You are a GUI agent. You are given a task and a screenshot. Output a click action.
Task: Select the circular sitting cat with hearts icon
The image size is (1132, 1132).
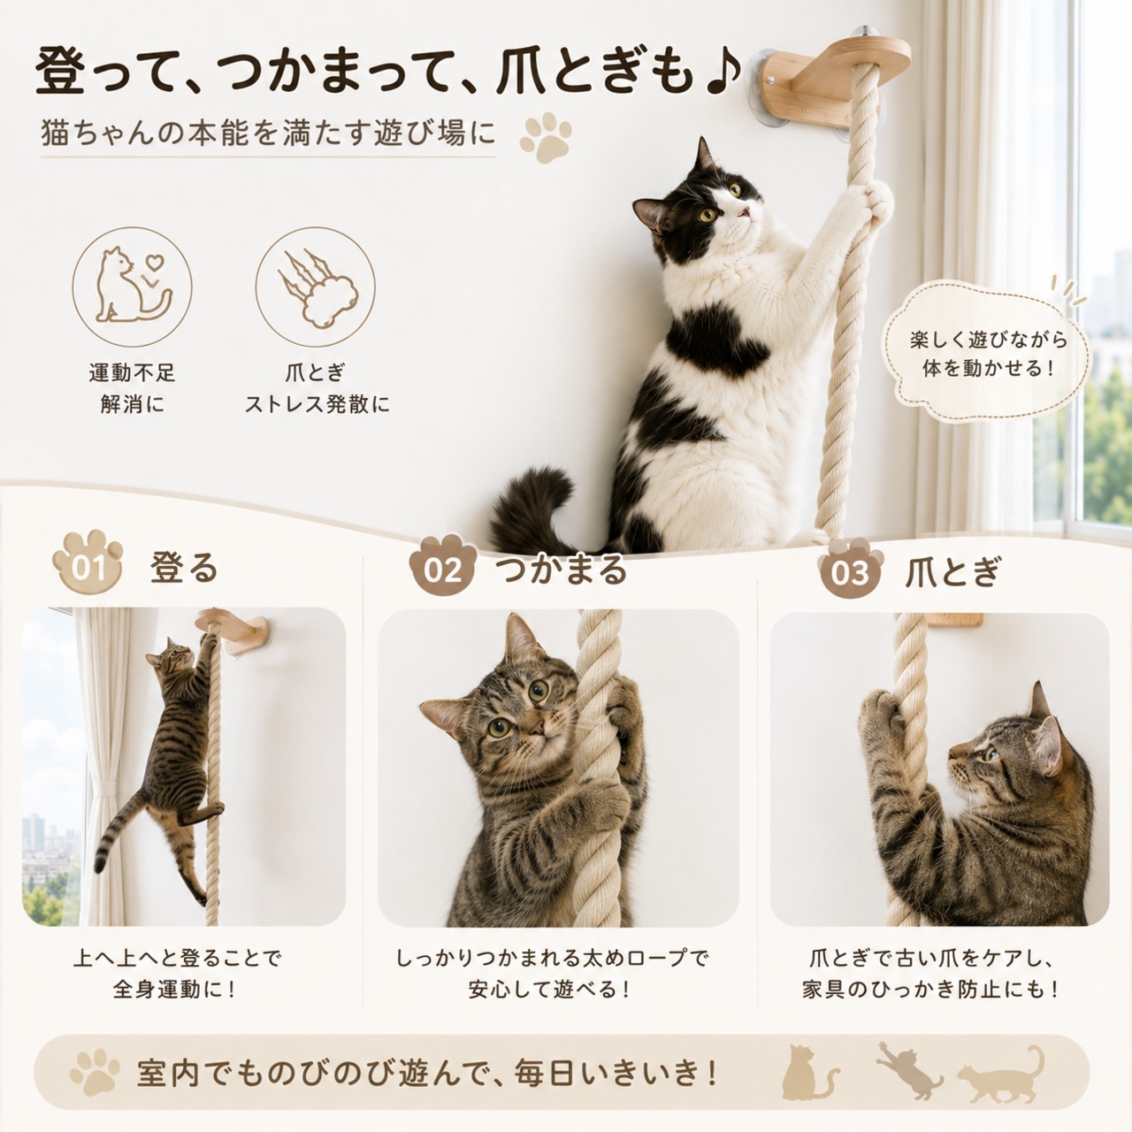click(x=132, y=287)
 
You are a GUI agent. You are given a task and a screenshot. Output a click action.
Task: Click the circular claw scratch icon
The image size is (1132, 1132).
click(x=316, y=287)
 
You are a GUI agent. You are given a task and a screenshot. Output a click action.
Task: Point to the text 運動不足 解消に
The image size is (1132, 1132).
click(x=132, y=389)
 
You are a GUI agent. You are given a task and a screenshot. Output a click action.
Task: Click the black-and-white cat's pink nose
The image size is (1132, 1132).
click(x=745, y=212)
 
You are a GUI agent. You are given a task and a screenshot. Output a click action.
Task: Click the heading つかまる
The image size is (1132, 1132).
click(x=562, y=569)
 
